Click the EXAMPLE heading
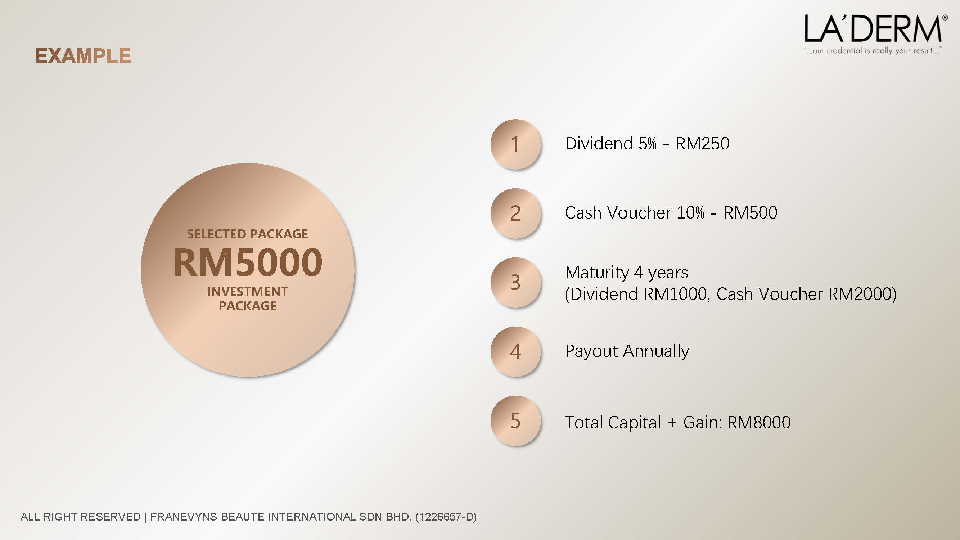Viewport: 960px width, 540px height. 83,56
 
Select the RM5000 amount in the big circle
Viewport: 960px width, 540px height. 248,262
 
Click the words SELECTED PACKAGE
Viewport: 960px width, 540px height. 247,234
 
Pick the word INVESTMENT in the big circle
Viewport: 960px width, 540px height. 247,292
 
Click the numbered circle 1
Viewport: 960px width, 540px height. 515,144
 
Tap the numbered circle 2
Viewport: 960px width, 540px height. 515,213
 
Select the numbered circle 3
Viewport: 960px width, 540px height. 515,283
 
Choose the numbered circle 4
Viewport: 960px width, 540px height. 515,352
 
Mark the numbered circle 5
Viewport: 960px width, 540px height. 515,421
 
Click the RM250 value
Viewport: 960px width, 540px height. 703,144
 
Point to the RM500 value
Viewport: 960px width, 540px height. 750,213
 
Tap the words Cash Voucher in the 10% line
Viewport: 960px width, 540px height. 618,213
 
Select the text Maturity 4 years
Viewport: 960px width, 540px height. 626,273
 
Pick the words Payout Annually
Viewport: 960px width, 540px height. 627,351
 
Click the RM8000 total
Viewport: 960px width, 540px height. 759,423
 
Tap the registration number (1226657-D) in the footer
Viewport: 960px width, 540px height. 446,517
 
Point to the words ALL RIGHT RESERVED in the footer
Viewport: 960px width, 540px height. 81,517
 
